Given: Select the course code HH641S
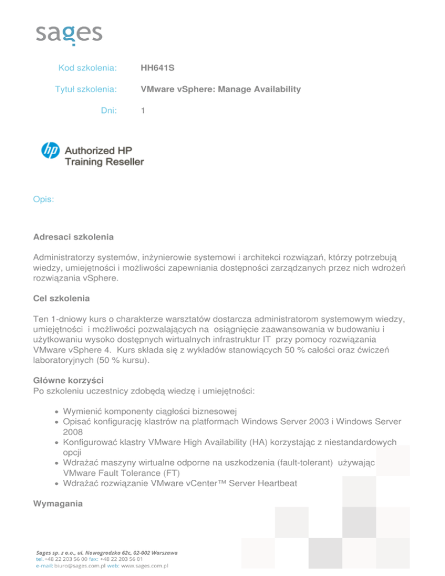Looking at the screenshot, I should (x=158, y=68).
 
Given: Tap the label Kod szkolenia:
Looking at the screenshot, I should (x=88, y=68).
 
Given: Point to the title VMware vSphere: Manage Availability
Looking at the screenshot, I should (x=221, y=89).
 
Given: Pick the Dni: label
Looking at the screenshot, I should (x=108, y=110).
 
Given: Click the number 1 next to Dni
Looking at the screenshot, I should (x=143, y=110).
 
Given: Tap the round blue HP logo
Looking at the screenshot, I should (x=50, y=150).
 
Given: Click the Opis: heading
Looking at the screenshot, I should (x=44, y=200).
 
